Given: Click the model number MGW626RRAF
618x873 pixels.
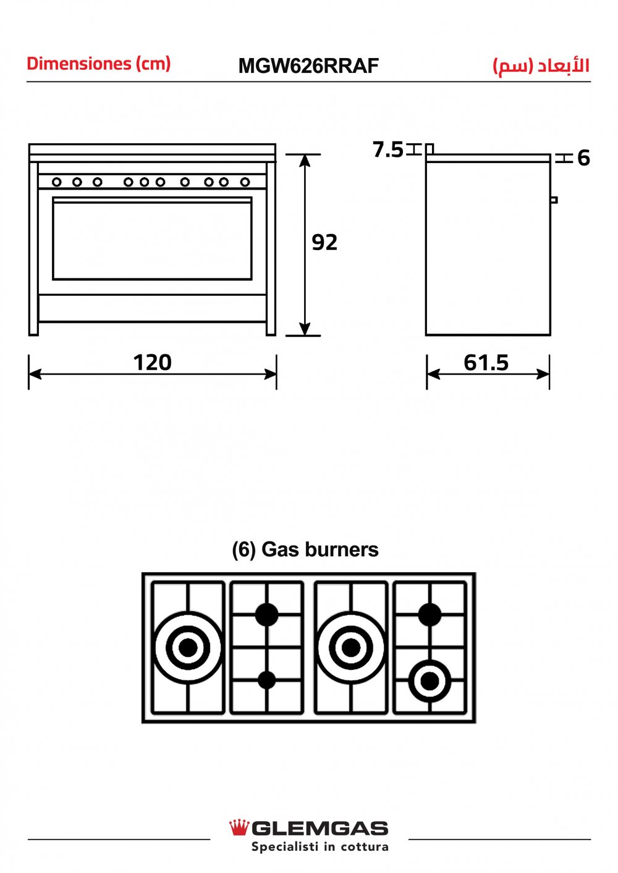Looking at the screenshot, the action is coord(308,66).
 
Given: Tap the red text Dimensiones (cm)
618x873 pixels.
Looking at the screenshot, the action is coord(99,64).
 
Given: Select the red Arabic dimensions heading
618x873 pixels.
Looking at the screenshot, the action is coord(541,66).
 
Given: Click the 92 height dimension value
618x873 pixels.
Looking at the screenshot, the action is coord(324,243).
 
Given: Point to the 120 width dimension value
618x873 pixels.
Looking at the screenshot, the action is coord(152,362).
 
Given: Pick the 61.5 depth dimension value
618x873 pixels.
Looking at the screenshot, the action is coord(486,362).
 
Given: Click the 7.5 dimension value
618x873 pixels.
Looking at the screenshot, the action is coord(388,149).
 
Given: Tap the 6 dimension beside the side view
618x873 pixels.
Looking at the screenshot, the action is coord(583,158).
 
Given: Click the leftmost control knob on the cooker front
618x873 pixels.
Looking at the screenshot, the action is coord(57,182).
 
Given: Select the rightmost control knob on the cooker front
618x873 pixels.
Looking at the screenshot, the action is coord(245,182).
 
